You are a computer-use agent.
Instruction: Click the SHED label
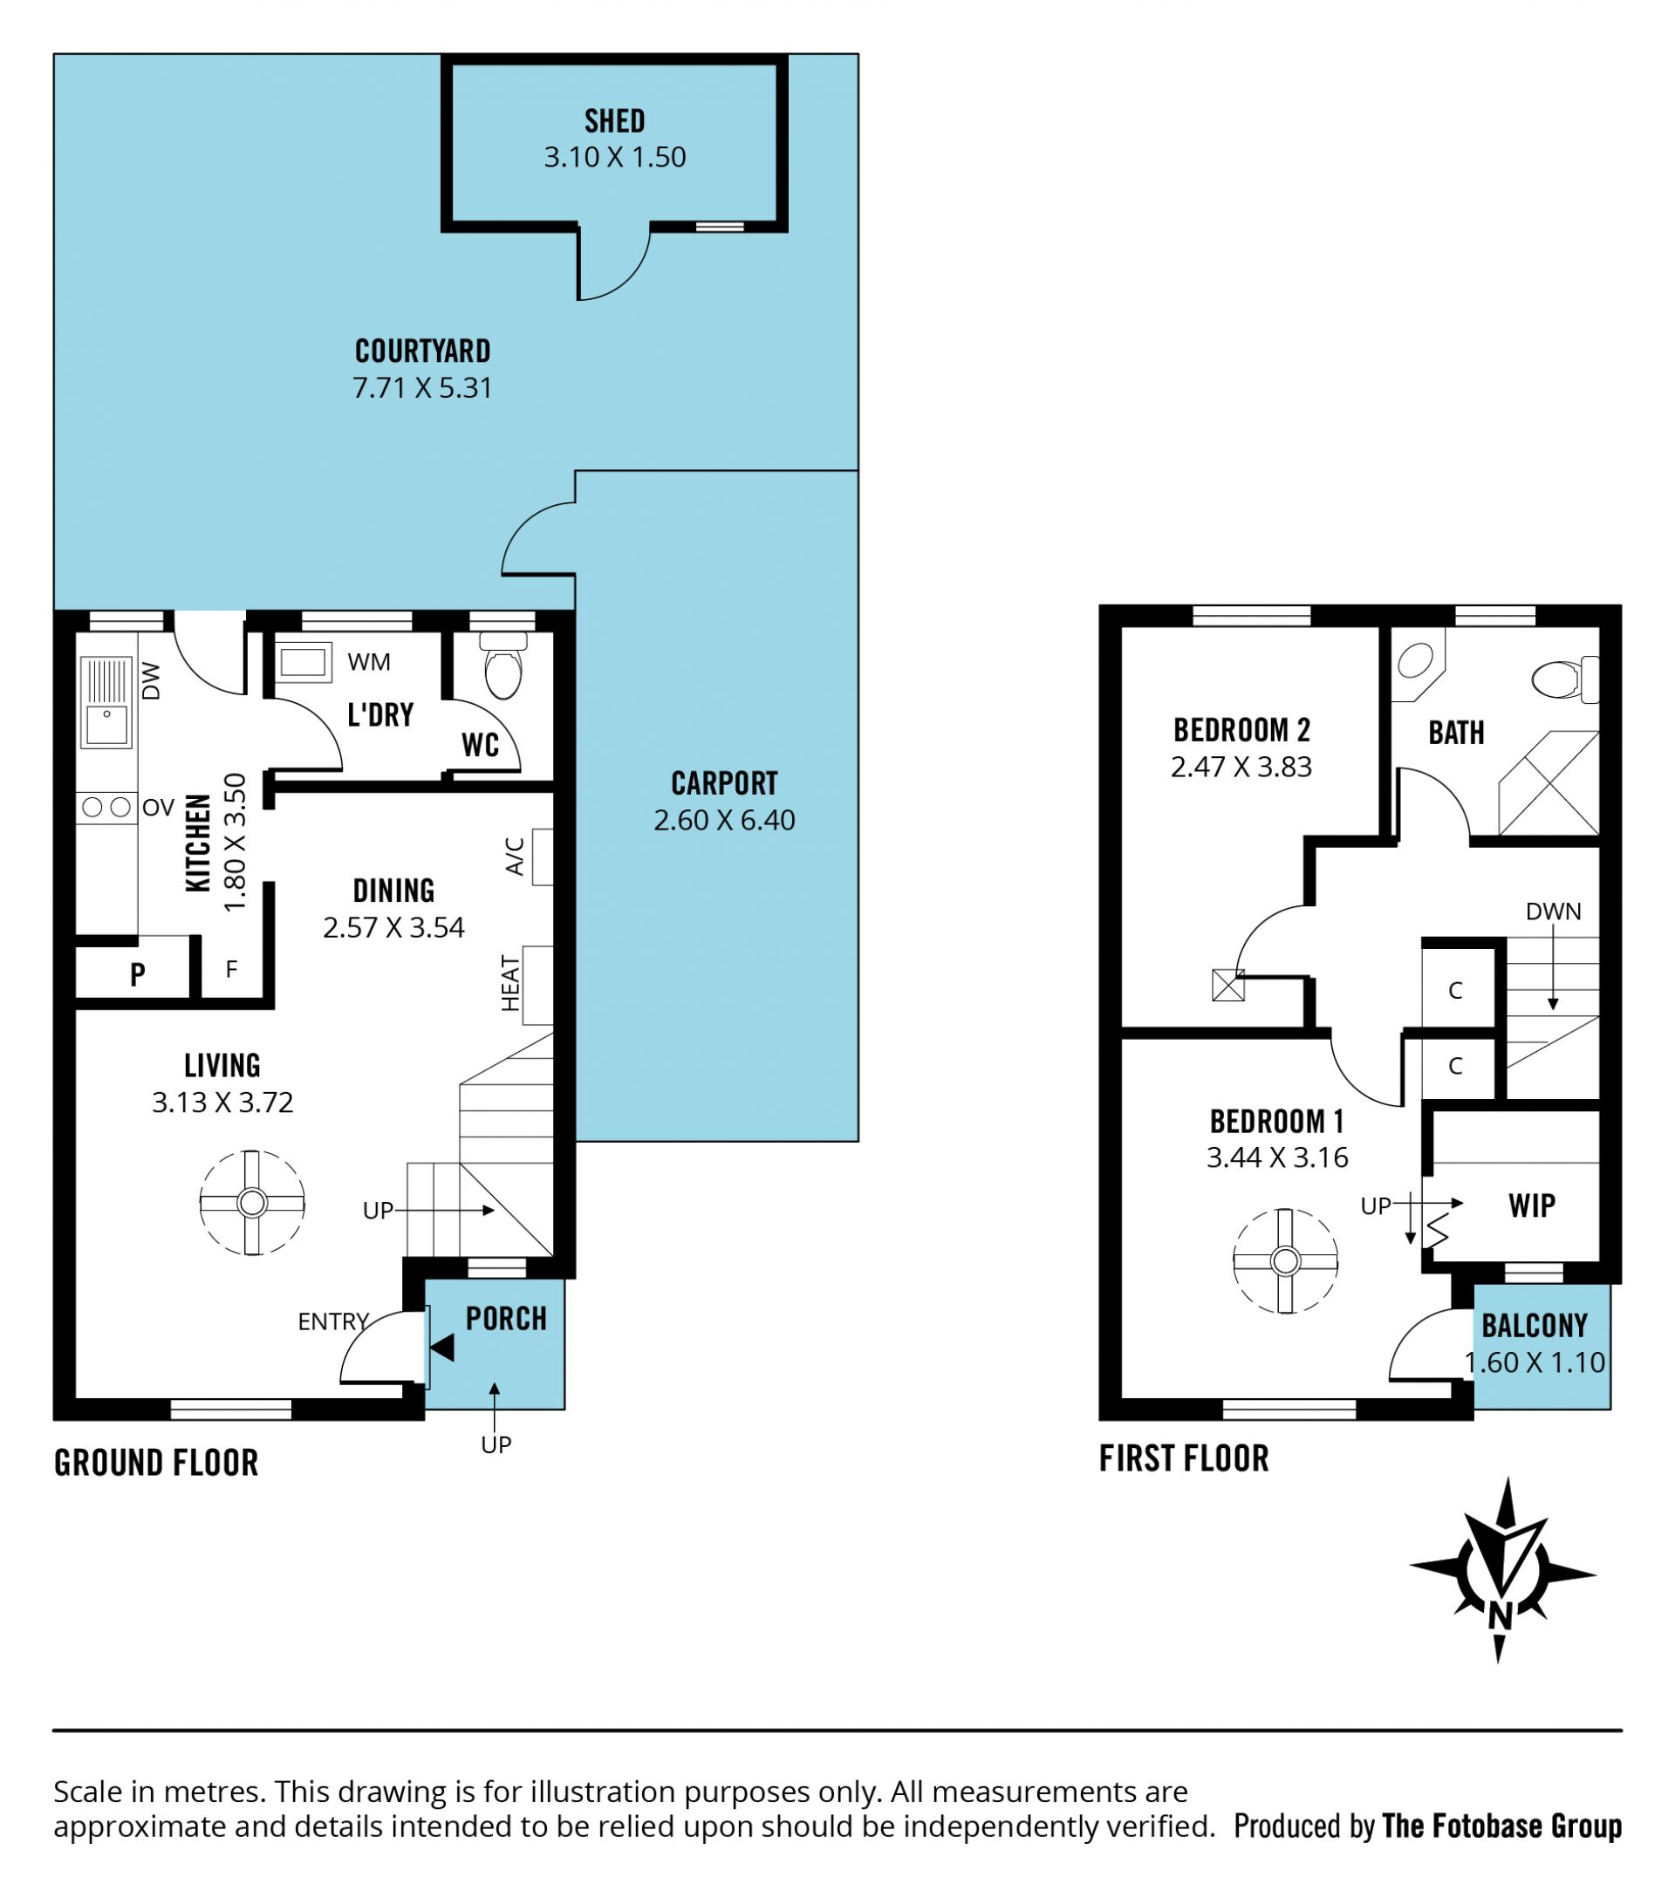point(615,120)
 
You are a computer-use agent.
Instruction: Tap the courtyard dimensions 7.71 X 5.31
point(422,387)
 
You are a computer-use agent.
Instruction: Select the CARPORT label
point(724,784)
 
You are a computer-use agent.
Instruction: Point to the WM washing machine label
point(369,662)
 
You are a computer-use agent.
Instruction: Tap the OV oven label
point(159,808)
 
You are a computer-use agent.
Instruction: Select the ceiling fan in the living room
point(251,1203)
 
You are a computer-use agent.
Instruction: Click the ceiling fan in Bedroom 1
point(1285,1261)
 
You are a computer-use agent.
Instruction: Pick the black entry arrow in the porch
point(442,1348)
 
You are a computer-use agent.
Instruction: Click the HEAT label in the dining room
point(510,983)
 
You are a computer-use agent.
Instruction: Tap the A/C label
point(516,857)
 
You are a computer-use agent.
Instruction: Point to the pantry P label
point(138,974)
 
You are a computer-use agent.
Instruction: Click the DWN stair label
point(1554,911)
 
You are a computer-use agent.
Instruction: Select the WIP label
point(1532,1205)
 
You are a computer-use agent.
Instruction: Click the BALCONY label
point(1535,1325)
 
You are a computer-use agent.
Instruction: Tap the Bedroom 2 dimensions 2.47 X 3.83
point(1241,767)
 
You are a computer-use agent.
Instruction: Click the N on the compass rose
point(1500,1616)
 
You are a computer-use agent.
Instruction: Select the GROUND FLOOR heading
point(156,1463)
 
